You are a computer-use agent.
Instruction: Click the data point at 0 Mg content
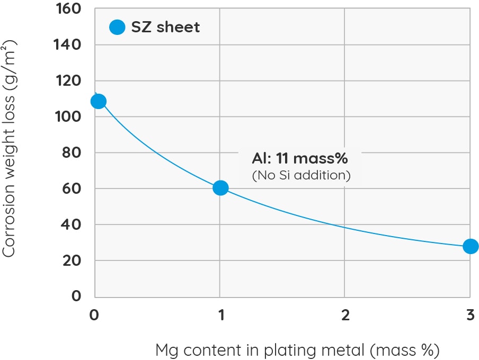pyautogui.click(x=98, y=101)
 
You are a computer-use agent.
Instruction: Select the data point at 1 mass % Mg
pyautogui.click(x=220, y=188)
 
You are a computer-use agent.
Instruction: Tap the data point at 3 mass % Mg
pyautogui.click(x=470, y=246)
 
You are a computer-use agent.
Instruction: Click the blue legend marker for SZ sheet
pyautogui.click(x=117, y=27)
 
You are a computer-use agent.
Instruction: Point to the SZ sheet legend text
pyautogui.click(x=165, y=27)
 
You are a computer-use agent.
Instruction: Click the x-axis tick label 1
pyautogui.click(x=220, y=316)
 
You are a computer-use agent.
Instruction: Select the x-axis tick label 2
pyautogui.click(x=345, y=316)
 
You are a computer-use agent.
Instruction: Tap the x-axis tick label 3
pyautogui.click(x=470, y=316)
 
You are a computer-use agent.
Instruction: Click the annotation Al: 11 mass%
pyautogui.click(x=300, y=158)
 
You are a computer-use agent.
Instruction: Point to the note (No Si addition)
pyautogui.click(x=301, y=175)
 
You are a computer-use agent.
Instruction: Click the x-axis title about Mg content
pyautogui.click(x=297, y=350)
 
